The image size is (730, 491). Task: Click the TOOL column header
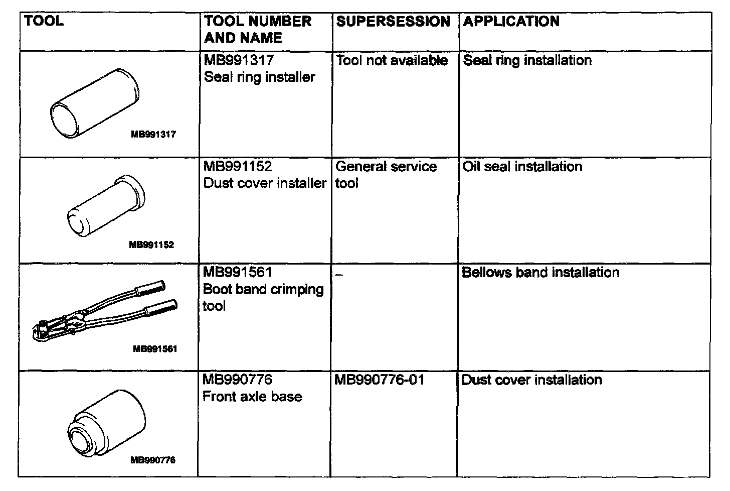44,21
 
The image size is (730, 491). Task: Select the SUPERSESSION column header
393,22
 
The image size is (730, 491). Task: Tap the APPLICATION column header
511,22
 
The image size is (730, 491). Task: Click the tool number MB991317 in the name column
239,60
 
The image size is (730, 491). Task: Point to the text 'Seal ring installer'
259,77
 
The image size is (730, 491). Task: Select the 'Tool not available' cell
392,61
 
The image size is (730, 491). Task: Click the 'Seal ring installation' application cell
527,61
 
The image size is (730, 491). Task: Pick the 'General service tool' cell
386,174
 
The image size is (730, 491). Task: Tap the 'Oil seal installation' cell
522,167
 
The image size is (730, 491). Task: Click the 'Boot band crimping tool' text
263,297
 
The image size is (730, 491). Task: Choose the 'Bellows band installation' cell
540,273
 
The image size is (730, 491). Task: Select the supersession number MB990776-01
379,380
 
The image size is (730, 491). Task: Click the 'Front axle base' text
252,397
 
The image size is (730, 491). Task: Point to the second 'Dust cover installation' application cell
531,380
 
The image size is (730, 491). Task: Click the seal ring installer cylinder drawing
95,105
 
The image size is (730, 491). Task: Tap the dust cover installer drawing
106,206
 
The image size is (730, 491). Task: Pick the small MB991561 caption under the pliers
155,349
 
